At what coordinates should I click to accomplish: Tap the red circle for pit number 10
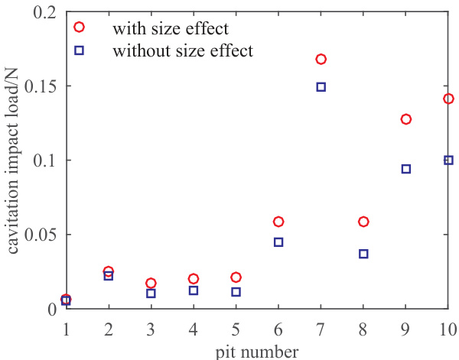pos(448,99)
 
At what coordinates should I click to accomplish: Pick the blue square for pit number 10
pos(448,161)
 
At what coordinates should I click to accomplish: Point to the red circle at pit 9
pos(405,119)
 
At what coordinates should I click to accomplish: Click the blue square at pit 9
pos(405,169)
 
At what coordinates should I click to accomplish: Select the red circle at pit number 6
pos(278,222)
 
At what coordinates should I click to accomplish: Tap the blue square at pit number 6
pos(278,242)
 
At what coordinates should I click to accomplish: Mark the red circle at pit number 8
pos(363,222)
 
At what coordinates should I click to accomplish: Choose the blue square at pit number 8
pos(363,254)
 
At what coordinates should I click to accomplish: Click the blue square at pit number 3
pos(151,294)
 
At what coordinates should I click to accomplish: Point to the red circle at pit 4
pos(194,279)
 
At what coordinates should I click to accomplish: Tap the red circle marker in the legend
pos(79,29)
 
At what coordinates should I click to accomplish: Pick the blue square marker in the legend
pos(79,50)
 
